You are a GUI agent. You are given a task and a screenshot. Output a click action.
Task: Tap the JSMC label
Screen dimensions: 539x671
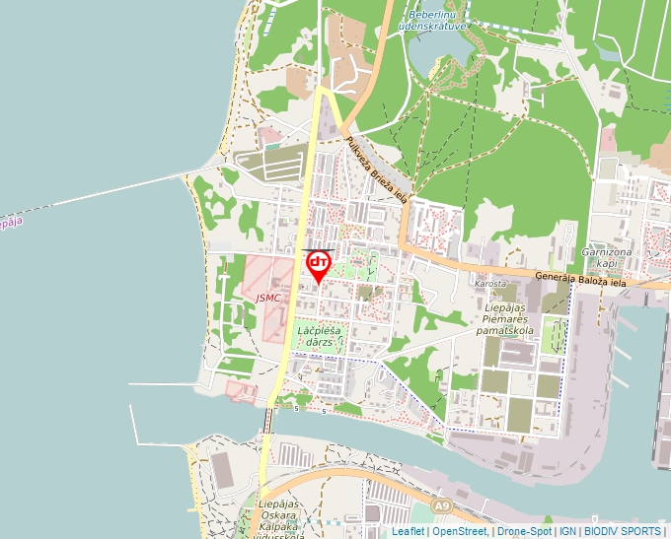267,297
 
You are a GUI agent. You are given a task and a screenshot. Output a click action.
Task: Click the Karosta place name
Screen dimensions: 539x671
490,284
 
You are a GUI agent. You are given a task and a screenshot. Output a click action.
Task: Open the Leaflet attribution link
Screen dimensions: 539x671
408,531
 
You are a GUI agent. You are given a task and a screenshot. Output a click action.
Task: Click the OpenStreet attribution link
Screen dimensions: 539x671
459,531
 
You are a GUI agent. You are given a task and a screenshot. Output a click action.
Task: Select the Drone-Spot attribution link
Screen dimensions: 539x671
523,531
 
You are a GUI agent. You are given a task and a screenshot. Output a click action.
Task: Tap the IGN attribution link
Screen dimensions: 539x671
567,531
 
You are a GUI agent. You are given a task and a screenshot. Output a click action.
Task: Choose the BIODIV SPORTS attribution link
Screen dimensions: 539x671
623,531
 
